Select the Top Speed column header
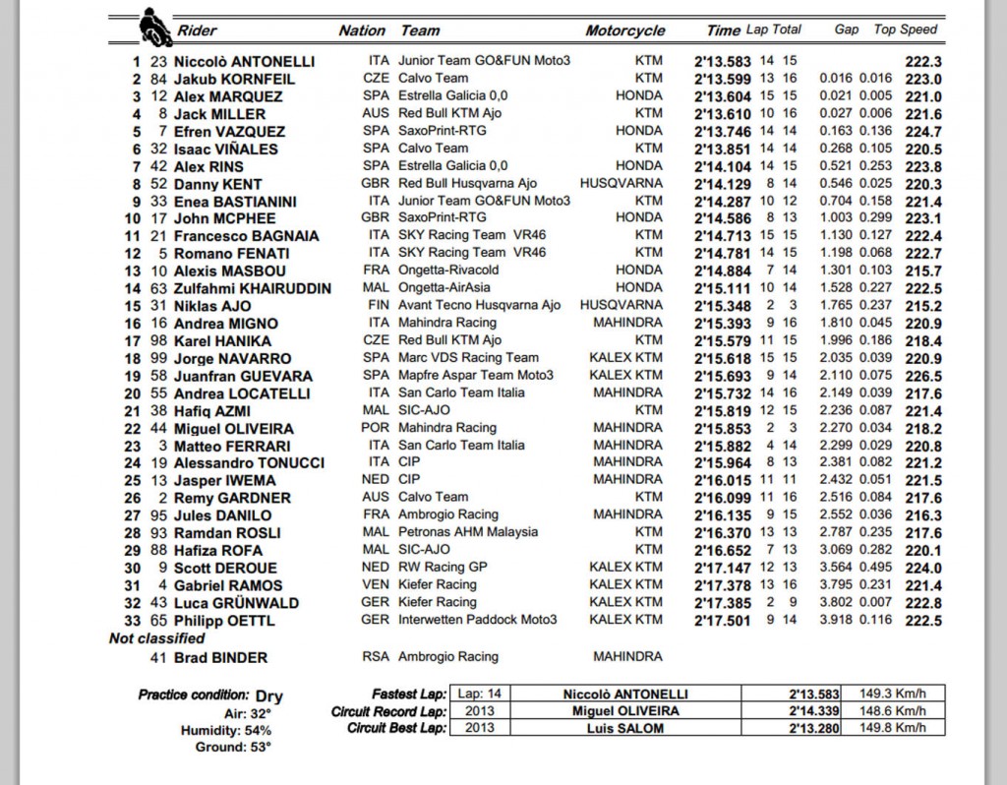coord(905,30)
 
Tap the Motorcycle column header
coord(625,30)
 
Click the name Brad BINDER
coord(220,657)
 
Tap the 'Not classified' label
coord(156,638)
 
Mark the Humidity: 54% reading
coord(225,730)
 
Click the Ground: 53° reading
coord(229,747)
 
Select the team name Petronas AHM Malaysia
coord(468,532)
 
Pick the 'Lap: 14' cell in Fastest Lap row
coord(480,694)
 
